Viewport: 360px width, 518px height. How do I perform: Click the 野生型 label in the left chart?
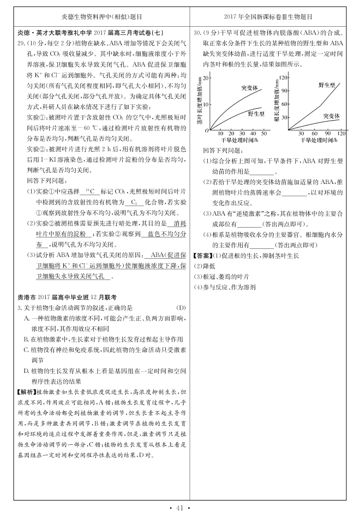pyautogui.click(x=256, y=114)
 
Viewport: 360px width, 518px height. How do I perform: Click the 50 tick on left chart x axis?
pyautogui.click(x=265, y=134)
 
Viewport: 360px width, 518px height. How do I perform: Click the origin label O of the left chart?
pyautogui.click(x=207, y=131)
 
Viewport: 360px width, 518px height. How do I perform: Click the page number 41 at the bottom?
pyautogui.click(x=179, y=508)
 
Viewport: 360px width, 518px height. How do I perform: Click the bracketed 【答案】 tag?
pyautogui.click(x=202, y=255)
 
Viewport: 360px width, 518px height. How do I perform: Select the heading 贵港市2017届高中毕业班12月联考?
pyautogui.click(x=68, y=297)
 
